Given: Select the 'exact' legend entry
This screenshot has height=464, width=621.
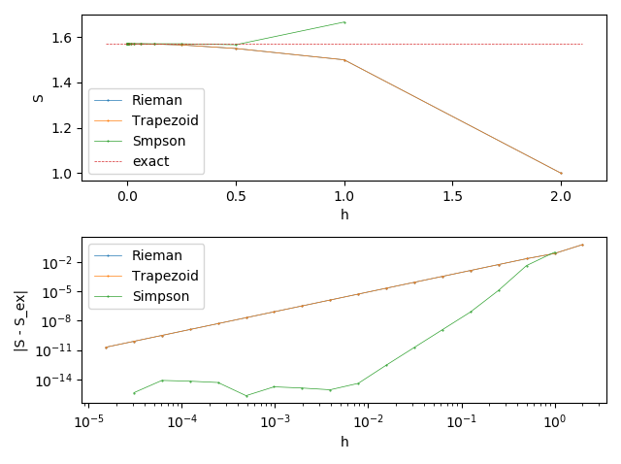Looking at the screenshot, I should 148,160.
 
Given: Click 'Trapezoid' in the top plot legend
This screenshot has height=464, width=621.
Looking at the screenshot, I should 164,119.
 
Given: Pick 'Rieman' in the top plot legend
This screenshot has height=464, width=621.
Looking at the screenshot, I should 155,99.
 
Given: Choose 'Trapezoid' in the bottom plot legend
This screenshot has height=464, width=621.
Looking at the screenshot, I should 164,276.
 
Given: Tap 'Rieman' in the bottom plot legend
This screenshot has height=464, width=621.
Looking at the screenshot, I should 155,255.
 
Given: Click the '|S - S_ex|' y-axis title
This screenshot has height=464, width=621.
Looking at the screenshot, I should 20,319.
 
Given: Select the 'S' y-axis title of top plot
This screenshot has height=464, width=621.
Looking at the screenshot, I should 38,97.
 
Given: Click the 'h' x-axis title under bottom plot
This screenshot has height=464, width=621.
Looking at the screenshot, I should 344,442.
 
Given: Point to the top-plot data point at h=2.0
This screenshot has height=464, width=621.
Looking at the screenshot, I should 561,174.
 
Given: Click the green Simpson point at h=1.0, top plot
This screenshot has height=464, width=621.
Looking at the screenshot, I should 344,22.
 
